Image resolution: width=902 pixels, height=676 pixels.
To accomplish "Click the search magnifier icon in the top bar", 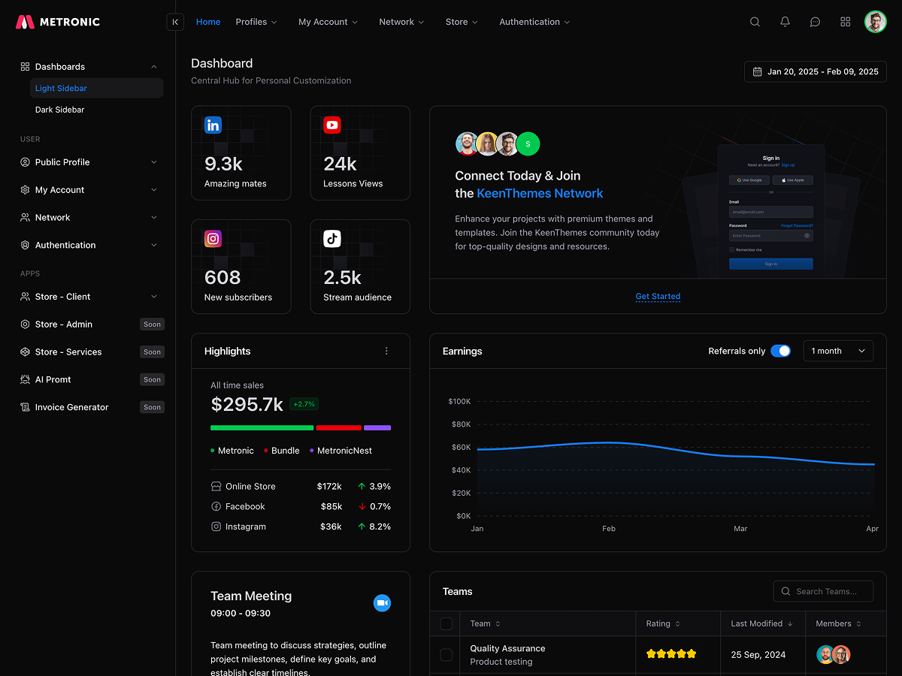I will point(755,22).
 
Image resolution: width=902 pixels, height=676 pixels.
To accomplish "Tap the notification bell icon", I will point(785,22).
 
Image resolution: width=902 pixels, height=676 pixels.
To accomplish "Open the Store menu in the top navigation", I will point(461,22).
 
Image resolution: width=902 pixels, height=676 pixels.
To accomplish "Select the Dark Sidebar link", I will point(59,110).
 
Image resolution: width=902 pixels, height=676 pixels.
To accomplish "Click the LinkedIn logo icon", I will point(213,125).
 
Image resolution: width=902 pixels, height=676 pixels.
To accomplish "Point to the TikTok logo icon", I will point(332,239).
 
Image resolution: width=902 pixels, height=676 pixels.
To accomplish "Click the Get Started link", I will point(658,296).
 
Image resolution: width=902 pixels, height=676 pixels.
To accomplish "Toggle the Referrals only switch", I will point(780,351).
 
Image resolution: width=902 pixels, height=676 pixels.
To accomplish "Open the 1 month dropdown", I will point(838,351).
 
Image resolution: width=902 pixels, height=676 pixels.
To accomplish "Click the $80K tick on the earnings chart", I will point(459,424).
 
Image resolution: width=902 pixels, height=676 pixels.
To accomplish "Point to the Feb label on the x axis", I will point(609,529).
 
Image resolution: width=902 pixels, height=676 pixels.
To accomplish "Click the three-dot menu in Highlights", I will point(387,351).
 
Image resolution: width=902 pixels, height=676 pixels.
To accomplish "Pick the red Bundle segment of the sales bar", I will point(338,427).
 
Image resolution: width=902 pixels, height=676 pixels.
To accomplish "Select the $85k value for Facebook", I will point(331,506).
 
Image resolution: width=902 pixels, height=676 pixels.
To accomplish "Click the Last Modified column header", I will point(761,623).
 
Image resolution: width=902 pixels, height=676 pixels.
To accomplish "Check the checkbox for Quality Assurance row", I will point(446,655).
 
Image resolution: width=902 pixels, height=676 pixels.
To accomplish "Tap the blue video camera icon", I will point(382,603).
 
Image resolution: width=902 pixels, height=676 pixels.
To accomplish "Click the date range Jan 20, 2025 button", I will point(815,71).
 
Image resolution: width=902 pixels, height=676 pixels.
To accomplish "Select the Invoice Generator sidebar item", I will point(71,407).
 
